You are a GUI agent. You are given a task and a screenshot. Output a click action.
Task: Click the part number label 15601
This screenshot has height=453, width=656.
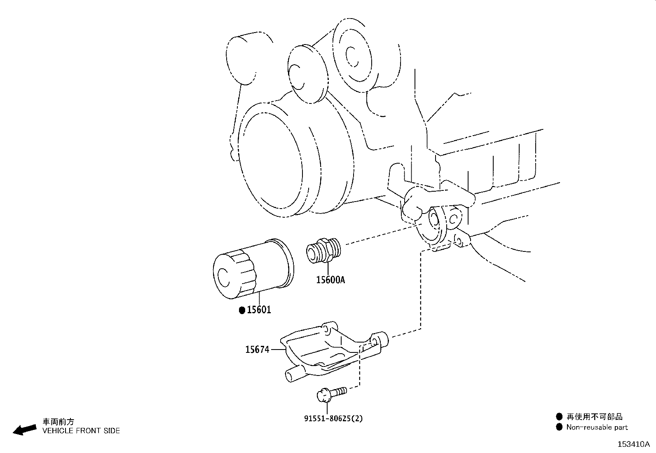[259, 310]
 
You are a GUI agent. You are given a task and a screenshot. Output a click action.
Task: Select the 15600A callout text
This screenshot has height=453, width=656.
[330, 280]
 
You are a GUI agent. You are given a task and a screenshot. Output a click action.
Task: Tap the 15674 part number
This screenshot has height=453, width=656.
[257, 350]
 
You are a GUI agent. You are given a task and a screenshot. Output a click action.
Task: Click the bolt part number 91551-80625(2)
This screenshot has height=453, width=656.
[334, 418]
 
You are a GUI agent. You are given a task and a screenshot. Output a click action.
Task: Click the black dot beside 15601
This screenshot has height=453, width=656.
[242, 310]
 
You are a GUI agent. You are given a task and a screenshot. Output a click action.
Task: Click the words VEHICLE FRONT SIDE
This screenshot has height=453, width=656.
[81, 431]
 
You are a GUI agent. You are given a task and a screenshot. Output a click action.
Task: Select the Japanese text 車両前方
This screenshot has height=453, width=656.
[59, 422]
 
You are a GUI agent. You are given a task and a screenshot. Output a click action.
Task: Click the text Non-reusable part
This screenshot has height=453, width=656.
[597, 427]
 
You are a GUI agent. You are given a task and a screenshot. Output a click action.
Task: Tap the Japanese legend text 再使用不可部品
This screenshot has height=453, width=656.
[594, 417]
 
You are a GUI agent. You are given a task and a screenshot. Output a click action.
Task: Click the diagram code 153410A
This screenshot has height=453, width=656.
[633, 444]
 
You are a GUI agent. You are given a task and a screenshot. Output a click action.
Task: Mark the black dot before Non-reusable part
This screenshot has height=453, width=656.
[559, 427]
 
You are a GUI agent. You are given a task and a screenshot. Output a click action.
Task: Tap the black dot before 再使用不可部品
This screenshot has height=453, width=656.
[559, 417]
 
